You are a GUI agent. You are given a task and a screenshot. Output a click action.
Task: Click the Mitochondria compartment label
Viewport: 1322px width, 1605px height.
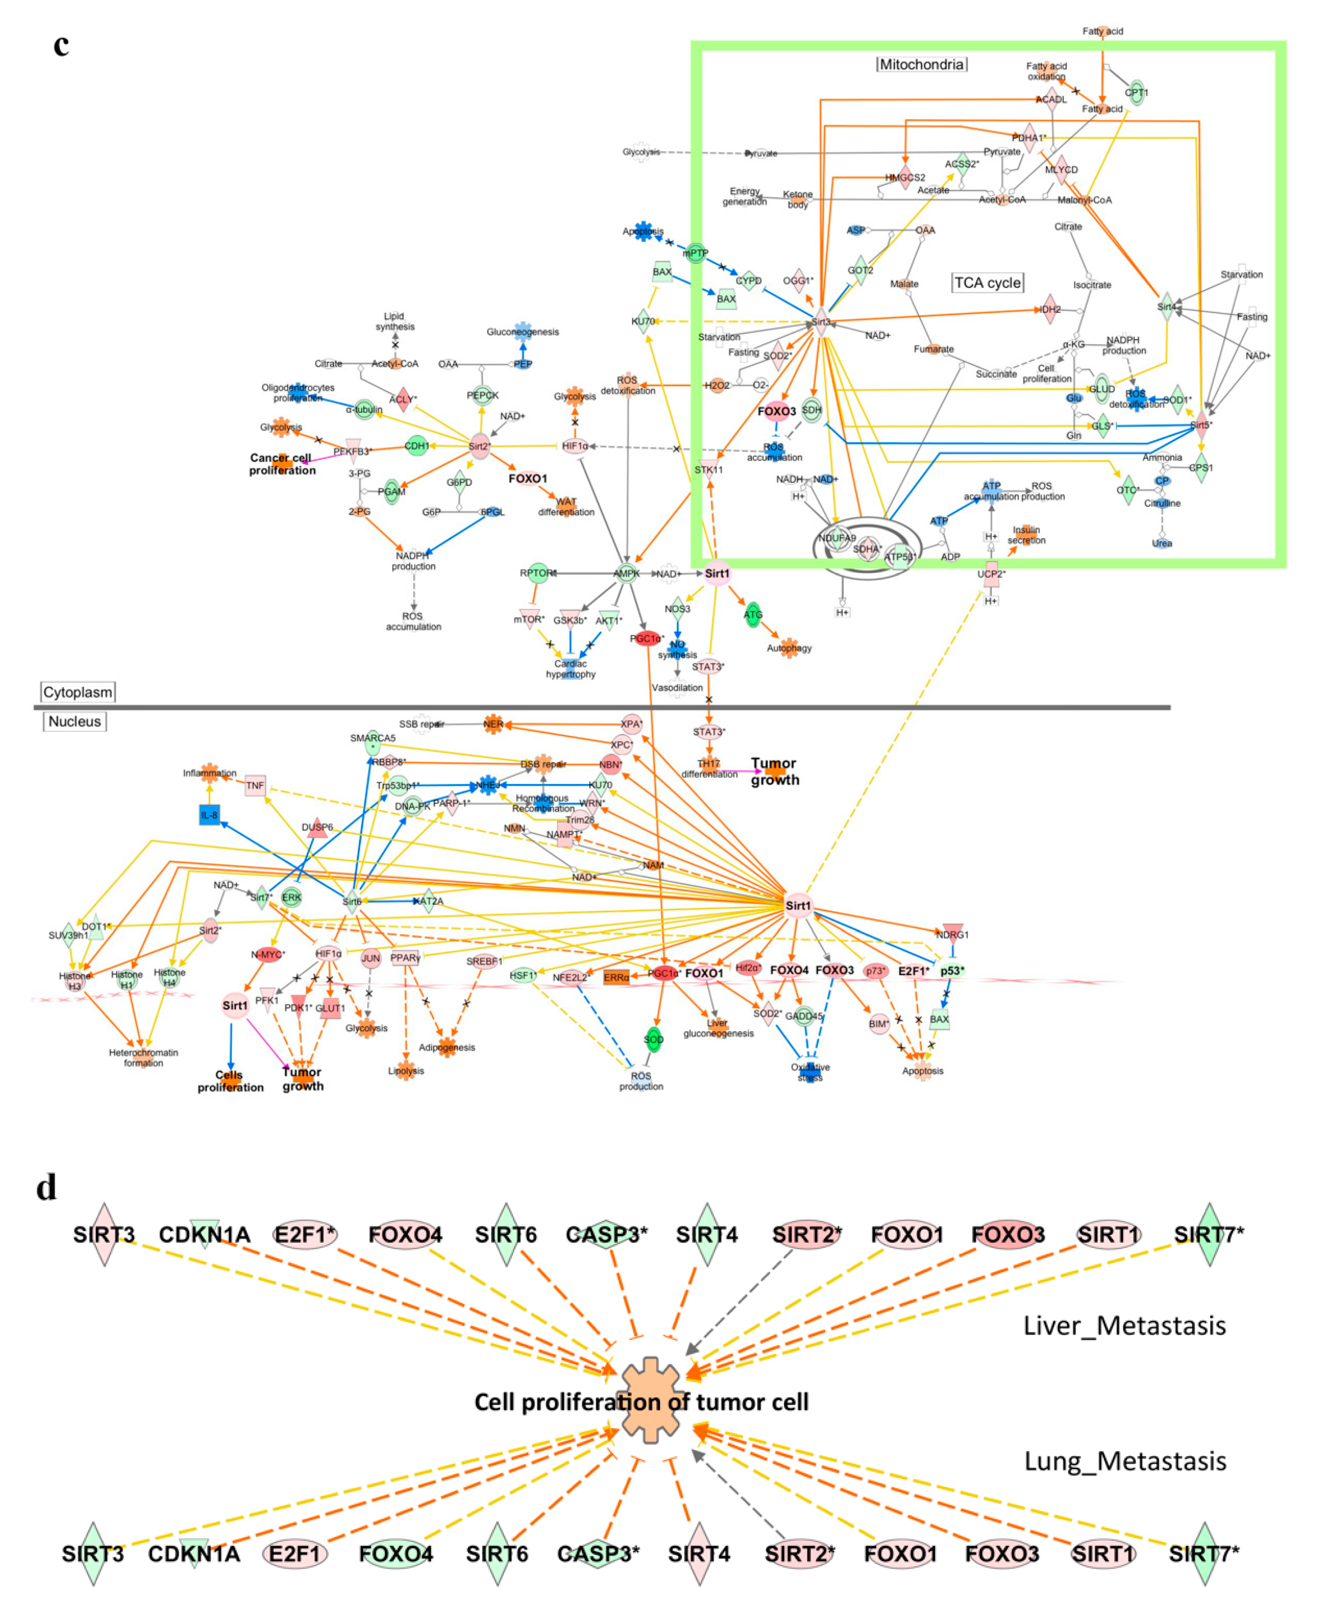click(x=921, y=65)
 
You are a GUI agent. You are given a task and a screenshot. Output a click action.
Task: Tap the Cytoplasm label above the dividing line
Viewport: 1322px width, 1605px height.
click(x=78, y=692)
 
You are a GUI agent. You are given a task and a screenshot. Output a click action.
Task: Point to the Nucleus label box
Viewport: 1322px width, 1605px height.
click(x=75, y=721)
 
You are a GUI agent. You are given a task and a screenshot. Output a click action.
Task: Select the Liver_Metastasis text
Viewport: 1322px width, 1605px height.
click(x=1124, y=1325)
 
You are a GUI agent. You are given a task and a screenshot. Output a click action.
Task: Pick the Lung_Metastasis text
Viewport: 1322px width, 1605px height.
click(x=1125, y=1461)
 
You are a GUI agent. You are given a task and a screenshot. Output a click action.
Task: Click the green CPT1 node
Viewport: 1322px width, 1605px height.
click(x=1136, y=93)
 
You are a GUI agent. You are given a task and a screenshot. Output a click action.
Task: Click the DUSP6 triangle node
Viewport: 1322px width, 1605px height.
click(x=317, y=828)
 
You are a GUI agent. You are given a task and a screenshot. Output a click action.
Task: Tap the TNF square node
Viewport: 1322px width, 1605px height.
click(x=255, y=785)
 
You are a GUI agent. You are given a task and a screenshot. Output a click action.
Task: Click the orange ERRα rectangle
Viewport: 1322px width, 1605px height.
click(x=616, y=977)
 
